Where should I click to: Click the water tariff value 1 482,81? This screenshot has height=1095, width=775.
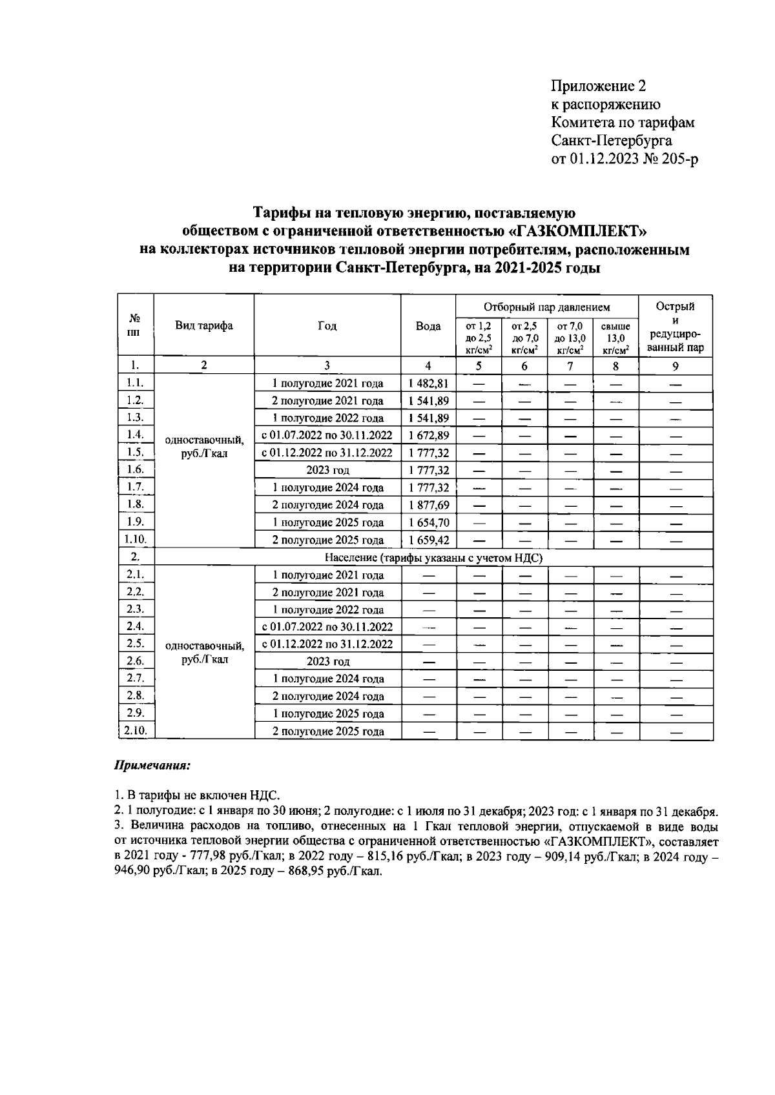pyautogui.click(x=428, y=383)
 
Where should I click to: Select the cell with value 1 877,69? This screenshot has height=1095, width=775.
pyautogui.click(x=428, y=505)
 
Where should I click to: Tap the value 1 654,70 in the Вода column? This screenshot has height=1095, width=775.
pyautogui.click(x=428, y=522)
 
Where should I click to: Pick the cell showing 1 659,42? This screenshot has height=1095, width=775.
pyautogui.click(x=428, y=540)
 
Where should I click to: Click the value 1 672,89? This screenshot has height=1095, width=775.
pyautogui.click(x=428, y=435)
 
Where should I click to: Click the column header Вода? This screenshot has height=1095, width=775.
pyautogui.click(x=428, y=326)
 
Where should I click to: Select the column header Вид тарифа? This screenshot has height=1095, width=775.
pyautogui.click(x=204, y=325)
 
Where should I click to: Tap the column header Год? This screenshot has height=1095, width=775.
pyautogui.click(x=327, y=325)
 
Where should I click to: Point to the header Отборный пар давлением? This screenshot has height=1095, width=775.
pyautogui.click(x=546, y=307)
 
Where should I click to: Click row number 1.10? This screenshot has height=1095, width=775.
pyautogui.click(x=136, y=539)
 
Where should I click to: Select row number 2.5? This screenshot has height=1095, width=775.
pyautogui.click(x=136, y=643)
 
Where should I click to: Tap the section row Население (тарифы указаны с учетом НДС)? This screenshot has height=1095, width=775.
pyautogui.click(x=433, y=558)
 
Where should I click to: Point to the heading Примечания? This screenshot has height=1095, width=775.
pyautogui.click(x=152, y=766)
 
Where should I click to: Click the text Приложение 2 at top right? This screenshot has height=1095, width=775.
pyautogui.click(x=598, y=87)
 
